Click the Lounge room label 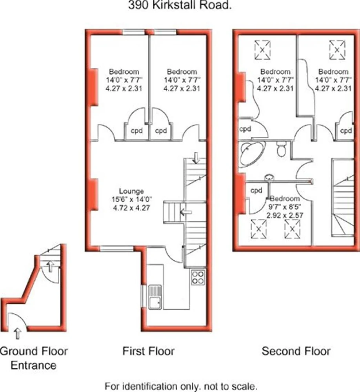pyautogui.click(x=131, y=191)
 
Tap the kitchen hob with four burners pyautogui.click(x=198, y=277)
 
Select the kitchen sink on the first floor pyautogui.click(x=155, y=297)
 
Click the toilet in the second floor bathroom pyautogui.click(x=282, y=149)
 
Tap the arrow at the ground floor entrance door pyautogui.click(x=17, y=334)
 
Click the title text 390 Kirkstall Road pyautogui.click(x=180, y=5)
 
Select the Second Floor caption pyautogui.click(x=296, y=351)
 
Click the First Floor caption pyautogui.click(x=148, y=351)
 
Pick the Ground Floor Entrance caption pyautogui.click(x=33, y=358)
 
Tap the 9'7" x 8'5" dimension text pyautogui.click(x=285, y=207)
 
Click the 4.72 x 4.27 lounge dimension pyautogui.click(x=132, y=208)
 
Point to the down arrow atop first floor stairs pyautogui.click(x=196, y=158)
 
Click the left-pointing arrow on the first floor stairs pyautogui.click(x=186, y=212)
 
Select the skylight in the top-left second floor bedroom pyautogui.click(x=262, y=50)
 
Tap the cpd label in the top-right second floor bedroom pyautogui.click(x=346, y=131)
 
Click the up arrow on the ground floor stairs pyautogui.click(x=50, y=267)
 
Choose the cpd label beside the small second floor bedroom pyautogui.click(x=256, y=191)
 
